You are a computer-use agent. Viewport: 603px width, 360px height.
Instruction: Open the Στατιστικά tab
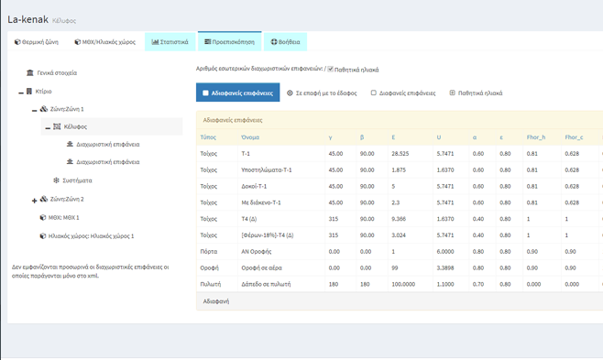click(170, 41)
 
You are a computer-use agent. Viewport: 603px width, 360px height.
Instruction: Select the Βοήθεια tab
click(285, 41)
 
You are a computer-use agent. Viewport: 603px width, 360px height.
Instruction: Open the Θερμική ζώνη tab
click(37, 41)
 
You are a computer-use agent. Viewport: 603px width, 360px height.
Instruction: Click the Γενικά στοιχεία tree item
click(57, 72)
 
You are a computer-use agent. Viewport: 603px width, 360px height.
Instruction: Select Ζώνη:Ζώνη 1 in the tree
click(67, 109)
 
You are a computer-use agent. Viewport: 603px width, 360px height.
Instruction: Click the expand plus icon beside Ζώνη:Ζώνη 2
click(35, 200)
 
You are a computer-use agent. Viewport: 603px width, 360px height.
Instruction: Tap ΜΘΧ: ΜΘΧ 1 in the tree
click(64, 218)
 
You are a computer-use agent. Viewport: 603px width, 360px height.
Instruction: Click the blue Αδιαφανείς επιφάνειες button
click(237, 93)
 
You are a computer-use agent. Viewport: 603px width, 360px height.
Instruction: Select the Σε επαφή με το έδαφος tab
click(322, 93)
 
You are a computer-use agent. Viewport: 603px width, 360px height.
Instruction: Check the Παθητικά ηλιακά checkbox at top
click(331, 69)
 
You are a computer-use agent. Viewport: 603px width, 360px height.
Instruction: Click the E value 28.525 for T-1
click(400, 154)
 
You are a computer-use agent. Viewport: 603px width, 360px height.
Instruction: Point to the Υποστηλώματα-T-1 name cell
click(266, 169)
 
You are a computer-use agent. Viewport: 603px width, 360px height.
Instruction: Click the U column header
click(440, 137)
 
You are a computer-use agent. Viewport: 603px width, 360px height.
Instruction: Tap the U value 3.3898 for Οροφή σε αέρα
click(445, 267)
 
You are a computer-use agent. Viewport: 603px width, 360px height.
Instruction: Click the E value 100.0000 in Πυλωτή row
click(403, 284)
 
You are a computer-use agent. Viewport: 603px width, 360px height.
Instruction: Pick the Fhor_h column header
click(536, 137)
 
